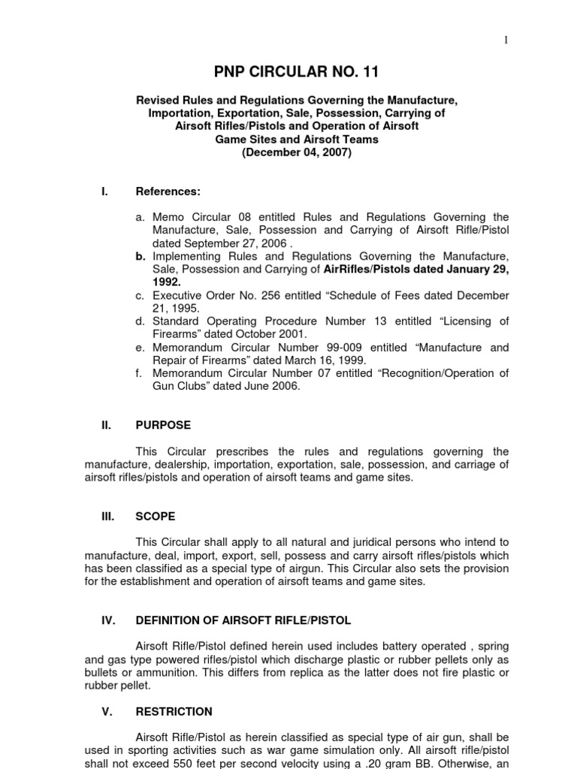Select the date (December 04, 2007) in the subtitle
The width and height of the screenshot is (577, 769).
[x=296, y=152]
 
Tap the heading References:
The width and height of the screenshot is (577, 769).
[x=168, y=191]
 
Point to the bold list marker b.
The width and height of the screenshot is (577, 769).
[x=140, y=256]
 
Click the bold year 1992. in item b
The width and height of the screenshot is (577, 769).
[x=167, y=282]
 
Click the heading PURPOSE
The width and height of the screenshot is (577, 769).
[x=163, y=425]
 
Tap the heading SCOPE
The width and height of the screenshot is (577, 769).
[x=156, y=517]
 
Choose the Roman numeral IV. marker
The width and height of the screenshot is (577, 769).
[x=107, y=620]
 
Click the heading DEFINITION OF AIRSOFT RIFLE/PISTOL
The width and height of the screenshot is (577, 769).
[x=243, y=620]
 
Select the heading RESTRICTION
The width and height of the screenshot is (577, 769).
[x=174, y=711]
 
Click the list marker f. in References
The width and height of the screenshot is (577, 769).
[x=140, y=373]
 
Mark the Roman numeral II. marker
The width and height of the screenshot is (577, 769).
[x=106, y=425]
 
